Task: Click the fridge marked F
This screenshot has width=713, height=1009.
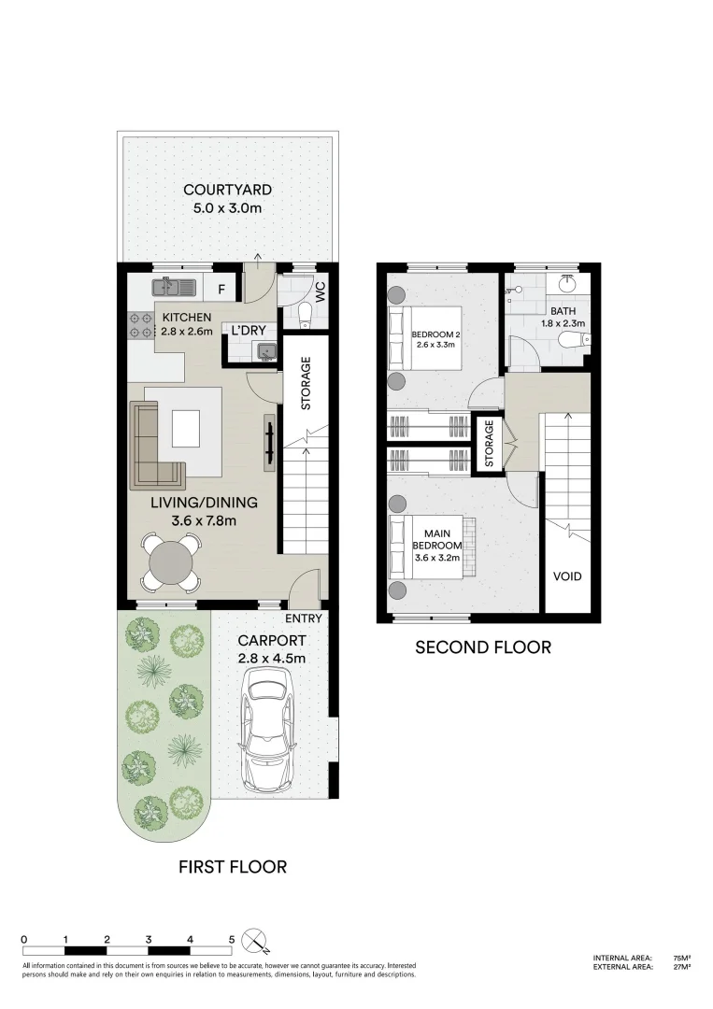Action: click(221, 290)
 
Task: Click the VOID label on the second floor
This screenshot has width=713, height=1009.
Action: click(566, 576)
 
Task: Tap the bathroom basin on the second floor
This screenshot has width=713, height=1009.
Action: click(567, 283)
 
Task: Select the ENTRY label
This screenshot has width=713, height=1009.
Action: click(304, 618)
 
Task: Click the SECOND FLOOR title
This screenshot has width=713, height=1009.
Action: click(482, 647)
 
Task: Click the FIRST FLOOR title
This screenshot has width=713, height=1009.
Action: click(233, 867)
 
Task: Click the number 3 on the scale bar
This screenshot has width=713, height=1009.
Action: click(149, 939)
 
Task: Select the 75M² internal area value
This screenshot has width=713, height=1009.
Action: click(681, 958)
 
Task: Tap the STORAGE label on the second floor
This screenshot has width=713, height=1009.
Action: click(488, 442)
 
